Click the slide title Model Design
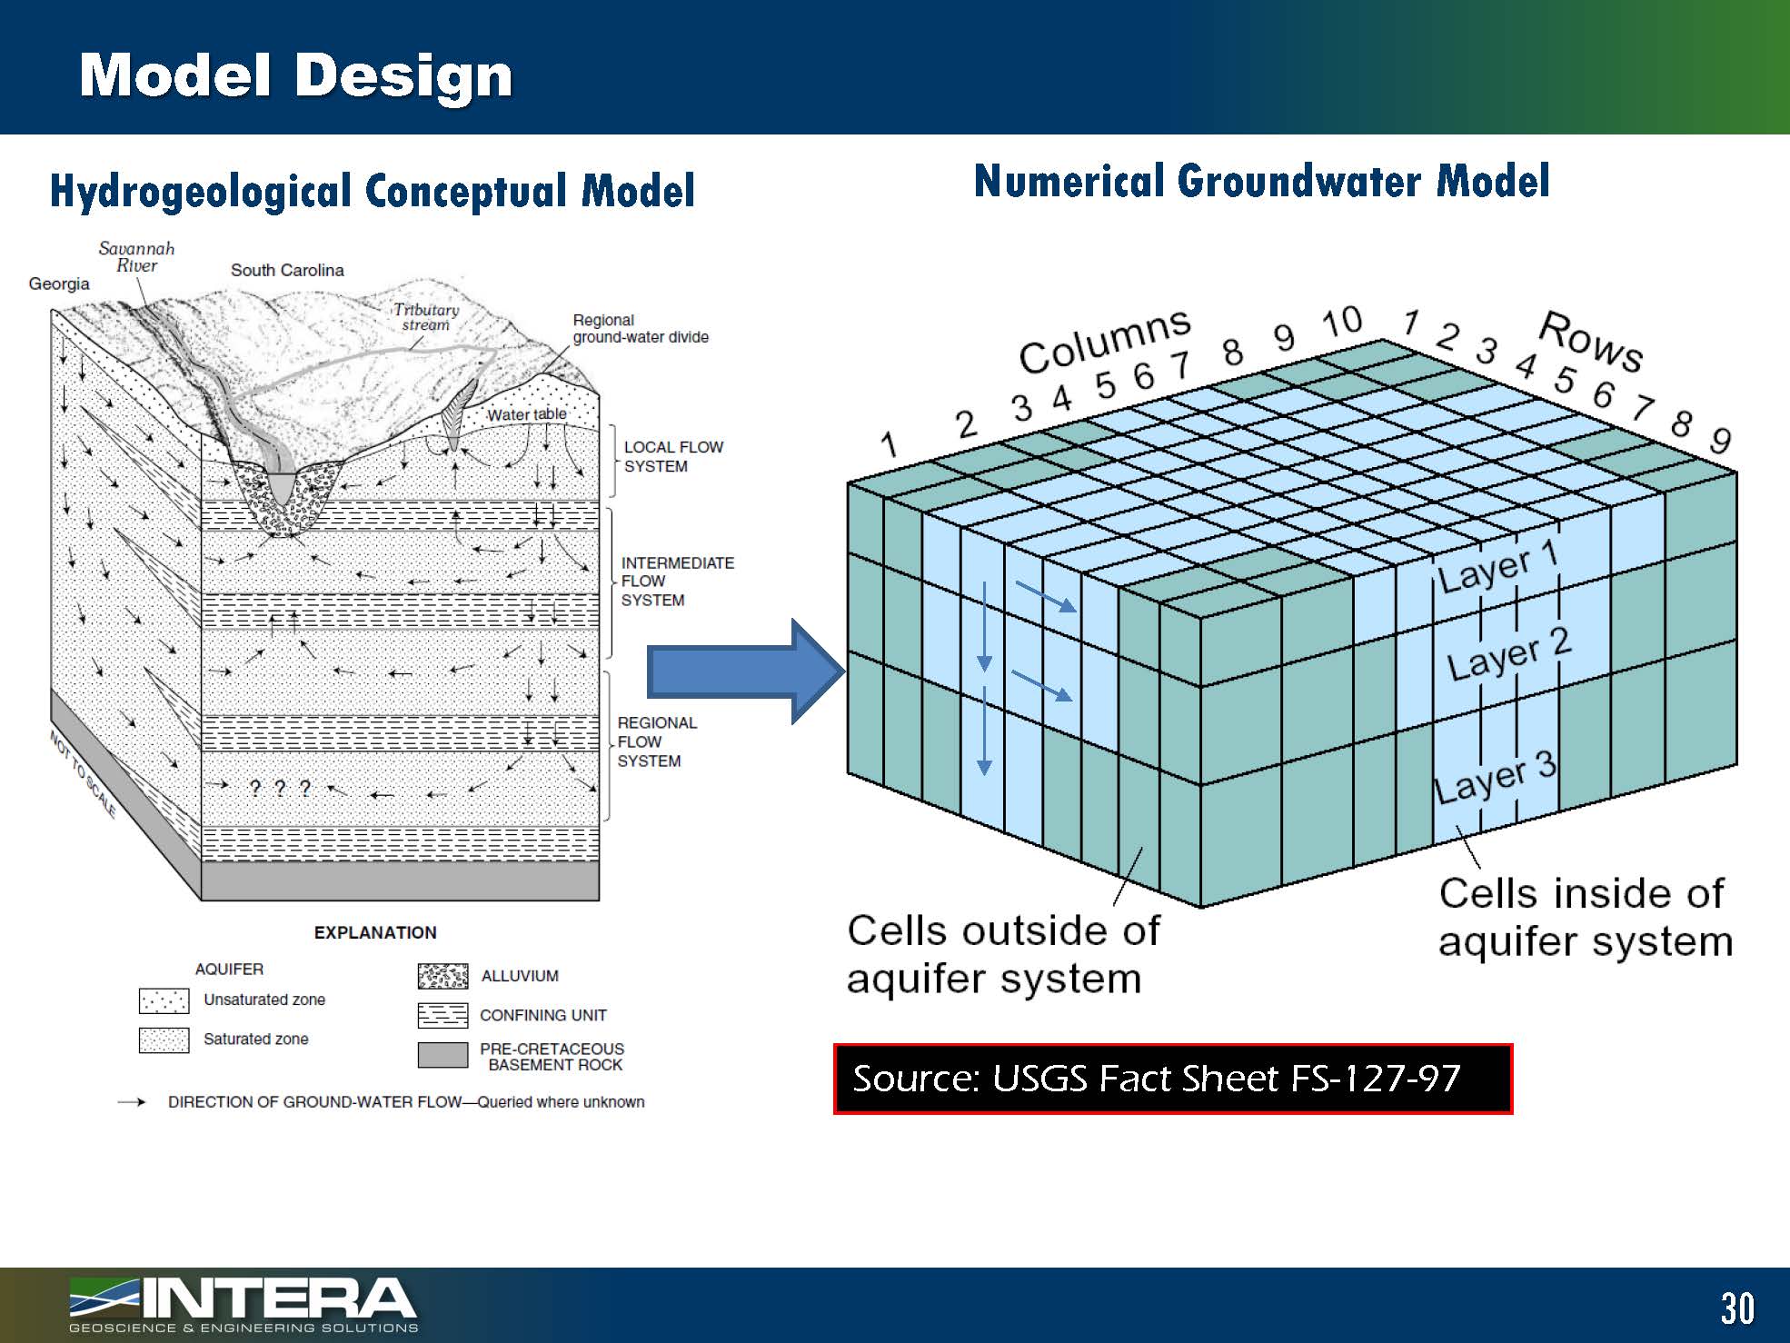coord(295,75)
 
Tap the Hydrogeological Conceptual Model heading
coord(372,191)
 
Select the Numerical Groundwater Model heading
coord(1261,181)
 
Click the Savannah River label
coord(136,257)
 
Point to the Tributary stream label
coord(426,317)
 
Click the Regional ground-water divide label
coord(640,329)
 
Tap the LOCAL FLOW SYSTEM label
coord(672,456)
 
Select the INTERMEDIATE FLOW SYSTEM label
coord(677,582)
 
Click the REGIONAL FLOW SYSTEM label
coord(656,741)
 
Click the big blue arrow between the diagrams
coord(745,672)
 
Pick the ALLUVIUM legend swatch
coord(443,976)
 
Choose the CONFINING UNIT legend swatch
coord(443,1015)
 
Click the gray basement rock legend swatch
coord(443,1055)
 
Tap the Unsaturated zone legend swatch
coord(164,1000)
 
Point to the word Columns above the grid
coord(1104,340)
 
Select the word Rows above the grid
coord(1591,342)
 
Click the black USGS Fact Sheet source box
coord(1172,1079)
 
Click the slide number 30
coord(1736,1308)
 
